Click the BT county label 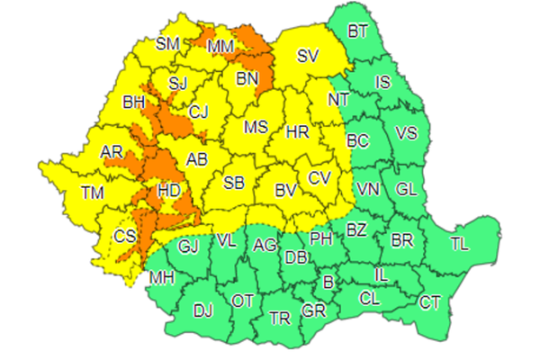[x=358, y=32]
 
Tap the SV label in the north [x=308, y=56]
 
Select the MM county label [x=220, y=45]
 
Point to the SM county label [x=167, y=43]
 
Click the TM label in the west [x=92, y=192]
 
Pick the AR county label [x=112, y=153]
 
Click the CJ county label [x=199, y=112]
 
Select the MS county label [x=256, y=127]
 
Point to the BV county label [x=286, y=190]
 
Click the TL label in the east [x=459, y=243]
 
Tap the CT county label [x=430, y=302]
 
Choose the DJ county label [x=203, y=311]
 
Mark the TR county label [x=280, y=318]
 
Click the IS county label [x=383, y=83]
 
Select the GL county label [x=406, y=189]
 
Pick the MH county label [x=162, y=277]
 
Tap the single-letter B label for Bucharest [x=328, y=283]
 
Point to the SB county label [x=234, y=183]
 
